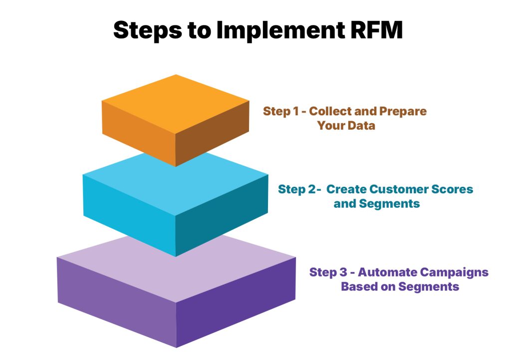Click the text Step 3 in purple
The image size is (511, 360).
tap(327, 272)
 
